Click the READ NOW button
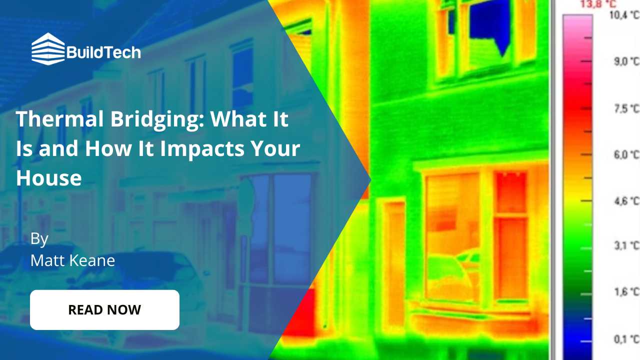click(x=104, y=309)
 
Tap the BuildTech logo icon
click(x=48, y=49)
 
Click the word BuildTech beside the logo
click(x=103, y=52)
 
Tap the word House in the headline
click(x=48, y=178)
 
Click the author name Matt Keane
click(x=72, y=260)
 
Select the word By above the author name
click(x=39, y=238)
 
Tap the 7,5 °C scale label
click(x=626, y=109)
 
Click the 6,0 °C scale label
click(x=626, y=155)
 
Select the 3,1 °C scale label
click(x=626, y=246)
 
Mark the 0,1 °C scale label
click(x=626, y=339)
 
